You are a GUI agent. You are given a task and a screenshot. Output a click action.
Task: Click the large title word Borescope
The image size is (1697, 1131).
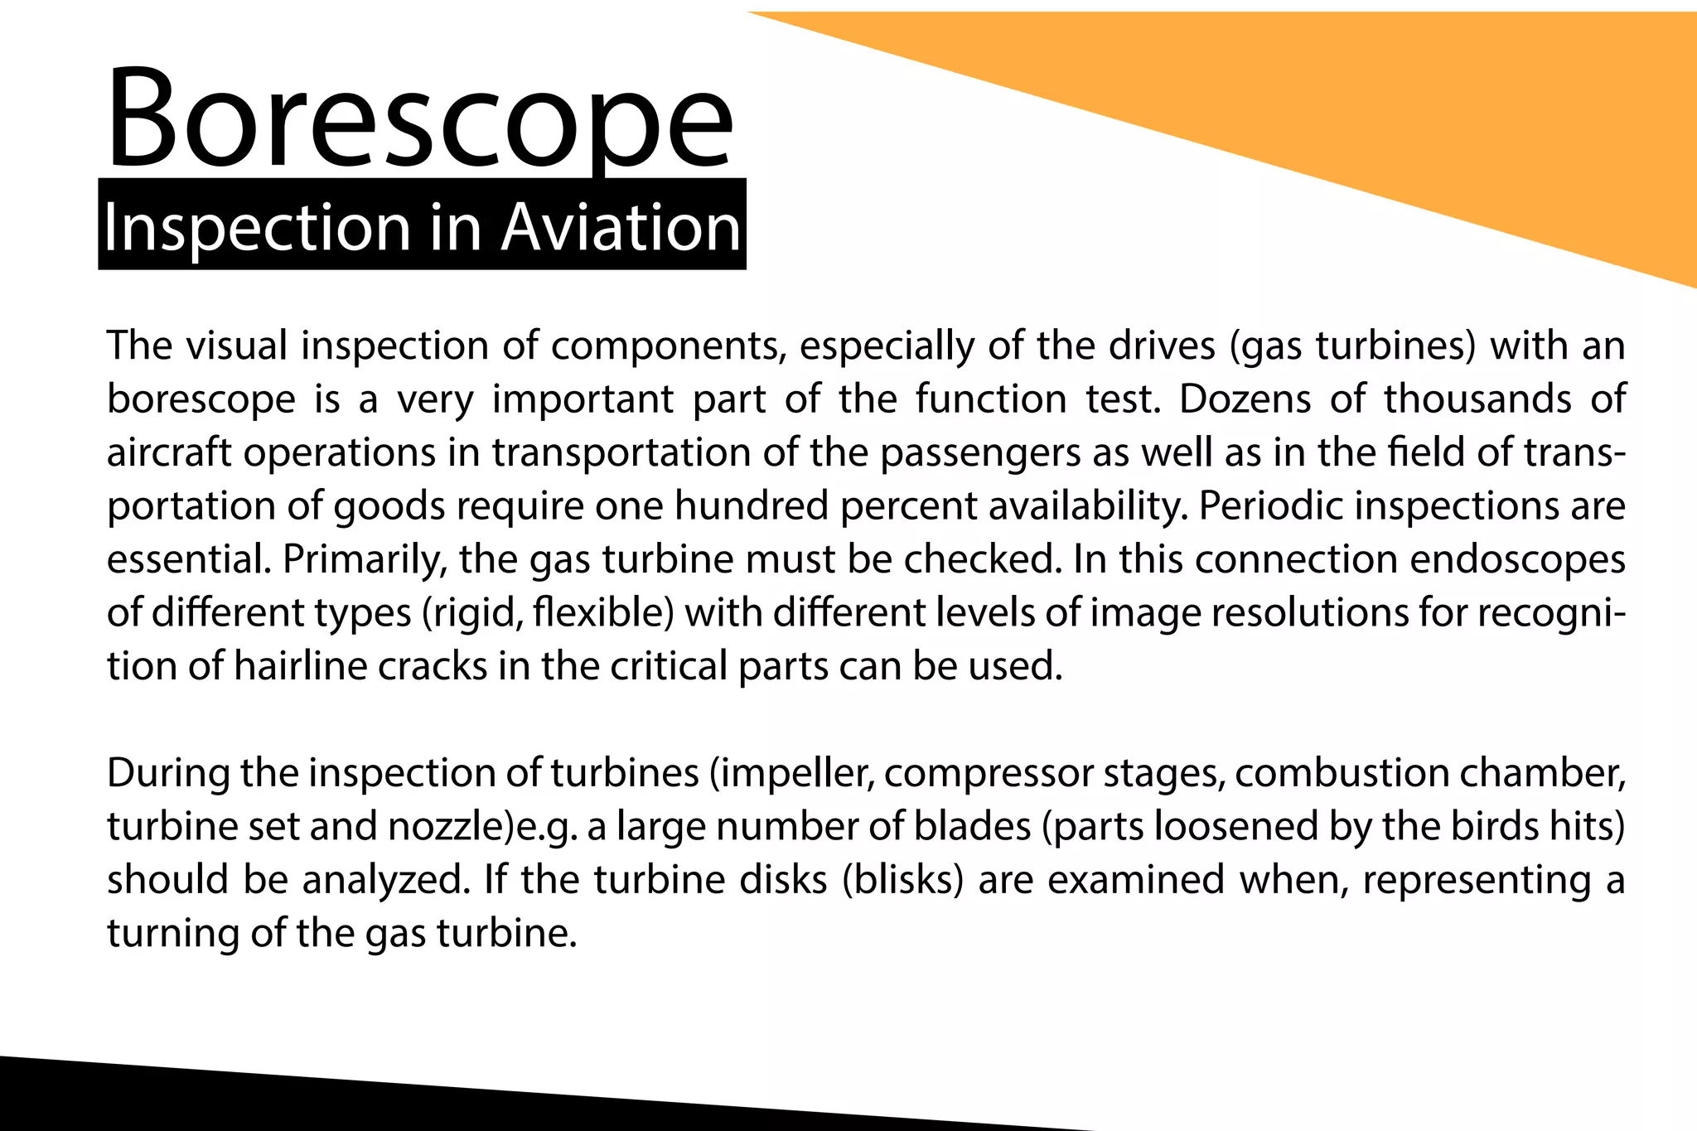(419, 120)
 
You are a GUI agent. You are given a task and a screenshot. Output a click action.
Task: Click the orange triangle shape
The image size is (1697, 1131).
(1409, 116)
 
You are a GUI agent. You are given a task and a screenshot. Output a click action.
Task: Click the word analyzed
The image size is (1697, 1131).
(383, 880)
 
